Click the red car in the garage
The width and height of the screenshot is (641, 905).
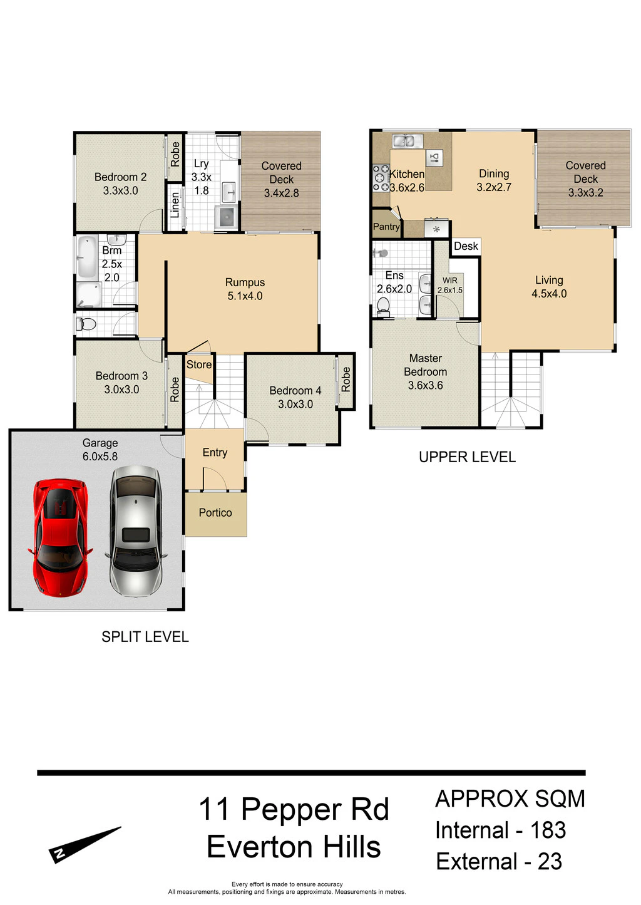pos(60,538)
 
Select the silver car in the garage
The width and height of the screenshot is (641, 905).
pos(136,531)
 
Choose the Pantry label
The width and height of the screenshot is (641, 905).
pos(386,227)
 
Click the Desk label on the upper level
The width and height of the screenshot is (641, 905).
pos(466,246)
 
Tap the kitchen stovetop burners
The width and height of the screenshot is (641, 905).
pos(381,177)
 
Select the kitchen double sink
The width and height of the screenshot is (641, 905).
pos(408,141)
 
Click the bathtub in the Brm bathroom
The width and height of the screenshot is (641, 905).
pos(87,257)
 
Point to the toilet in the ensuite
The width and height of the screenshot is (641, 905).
pos(383,307)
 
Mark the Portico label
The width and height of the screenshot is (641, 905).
pos(215,513)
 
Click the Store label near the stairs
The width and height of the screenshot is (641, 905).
pos(198,365)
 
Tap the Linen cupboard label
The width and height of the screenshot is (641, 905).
pos(175,205)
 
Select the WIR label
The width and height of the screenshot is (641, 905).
pos(450,281)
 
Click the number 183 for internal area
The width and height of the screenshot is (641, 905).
pos(548,830)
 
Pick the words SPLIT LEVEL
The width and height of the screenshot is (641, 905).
pos(145,637)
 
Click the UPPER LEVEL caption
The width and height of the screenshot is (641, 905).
pos(468,457)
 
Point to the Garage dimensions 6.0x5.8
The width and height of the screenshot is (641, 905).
pos(100,457)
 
